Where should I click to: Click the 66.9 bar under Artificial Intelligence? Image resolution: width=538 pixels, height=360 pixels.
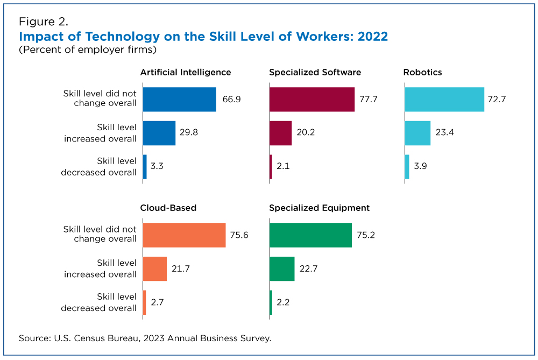point(179,100)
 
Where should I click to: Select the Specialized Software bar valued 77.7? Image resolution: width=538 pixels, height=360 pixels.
point(312,100)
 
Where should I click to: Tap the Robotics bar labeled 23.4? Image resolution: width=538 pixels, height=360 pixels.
point(417,133)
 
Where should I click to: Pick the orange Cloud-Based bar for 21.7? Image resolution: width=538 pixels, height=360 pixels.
point(155,269)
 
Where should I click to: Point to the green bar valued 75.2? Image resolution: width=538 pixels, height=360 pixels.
point(310,235)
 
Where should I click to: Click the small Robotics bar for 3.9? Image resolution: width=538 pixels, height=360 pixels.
point(407,167)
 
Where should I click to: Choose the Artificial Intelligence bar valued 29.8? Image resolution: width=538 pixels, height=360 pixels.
point(159,133)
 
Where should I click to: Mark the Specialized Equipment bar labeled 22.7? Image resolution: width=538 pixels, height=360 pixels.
point(282,269)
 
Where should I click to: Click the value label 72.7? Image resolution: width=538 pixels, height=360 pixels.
point(497,100)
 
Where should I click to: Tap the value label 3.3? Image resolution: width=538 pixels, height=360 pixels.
point(157,167)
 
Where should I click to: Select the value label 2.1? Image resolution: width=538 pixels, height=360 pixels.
point(283,167)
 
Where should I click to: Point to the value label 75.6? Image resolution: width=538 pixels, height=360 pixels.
point(239,235)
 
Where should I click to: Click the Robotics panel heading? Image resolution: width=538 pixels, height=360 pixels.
point(422,72)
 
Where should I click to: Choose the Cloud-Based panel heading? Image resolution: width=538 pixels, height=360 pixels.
point(168,208)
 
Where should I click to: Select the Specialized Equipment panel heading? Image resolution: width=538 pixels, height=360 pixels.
point(319,208)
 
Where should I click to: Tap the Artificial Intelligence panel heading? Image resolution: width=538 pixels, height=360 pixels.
point(186,72)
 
